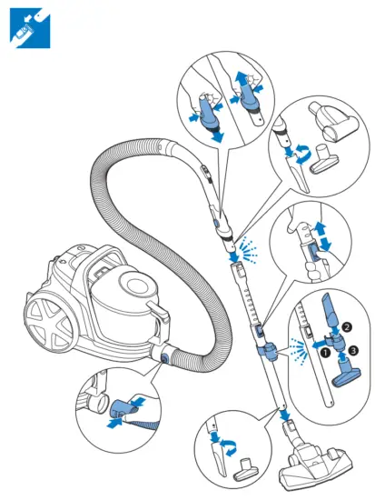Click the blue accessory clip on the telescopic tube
point(264,345)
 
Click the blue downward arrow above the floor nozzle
point(286,417)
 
